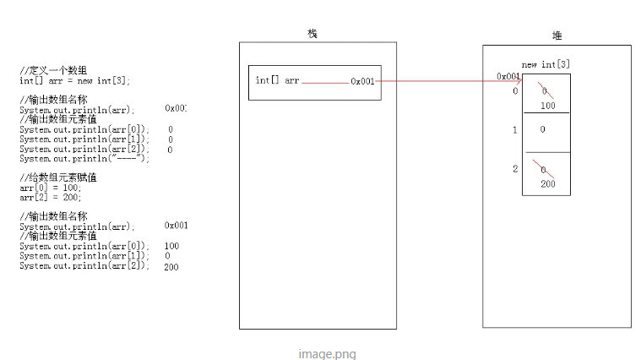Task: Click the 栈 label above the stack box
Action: point(312,33)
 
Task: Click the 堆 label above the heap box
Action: point(557,35)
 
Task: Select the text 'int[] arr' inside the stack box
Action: point(277,81)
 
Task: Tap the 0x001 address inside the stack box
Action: point(362,82)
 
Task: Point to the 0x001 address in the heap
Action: point(508,76)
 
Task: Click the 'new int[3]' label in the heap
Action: point(546,64)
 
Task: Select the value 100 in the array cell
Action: point(547,106)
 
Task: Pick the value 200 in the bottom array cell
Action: point(547,183)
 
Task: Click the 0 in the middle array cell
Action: point(543,130)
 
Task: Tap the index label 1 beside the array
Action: point(514,130)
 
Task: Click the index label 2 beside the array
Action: point(514,169)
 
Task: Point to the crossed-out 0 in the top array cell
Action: point(545,90)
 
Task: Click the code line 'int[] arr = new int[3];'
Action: point(75,81)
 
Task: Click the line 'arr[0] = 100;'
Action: point(51,188)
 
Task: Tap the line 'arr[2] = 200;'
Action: point(51,197)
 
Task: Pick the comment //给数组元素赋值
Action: point(58,177)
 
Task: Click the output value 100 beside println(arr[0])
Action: point(171,246)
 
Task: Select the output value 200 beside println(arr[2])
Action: point(171,266)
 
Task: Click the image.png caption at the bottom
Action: point(327,354)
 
